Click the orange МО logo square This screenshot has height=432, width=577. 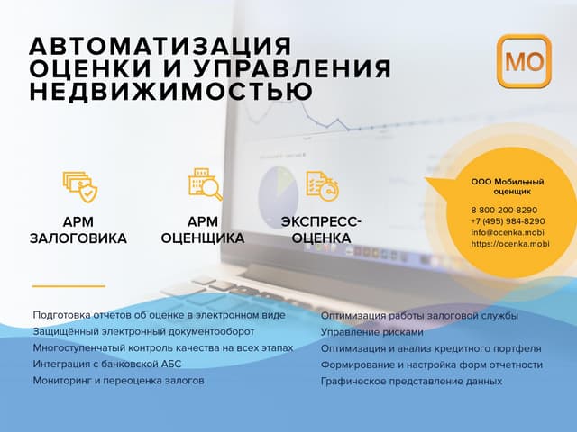523,62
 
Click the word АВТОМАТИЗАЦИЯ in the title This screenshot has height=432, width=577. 160,47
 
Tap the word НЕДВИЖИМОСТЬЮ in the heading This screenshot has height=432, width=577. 171,92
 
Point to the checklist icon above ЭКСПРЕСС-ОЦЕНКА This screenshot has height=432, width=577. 321,185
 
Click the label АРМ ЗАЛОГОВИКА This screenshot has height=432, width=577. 78,230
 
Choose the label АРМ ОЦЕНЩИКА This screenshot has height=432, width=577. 203,229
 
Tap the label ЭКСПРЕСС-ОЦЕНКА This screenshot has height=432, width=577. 321,229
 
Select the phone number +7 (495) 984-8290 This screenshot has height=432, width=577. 508,221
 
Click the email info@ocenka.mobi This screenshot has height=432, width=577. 507,232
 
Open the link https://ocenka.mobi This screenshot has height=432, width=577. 509,244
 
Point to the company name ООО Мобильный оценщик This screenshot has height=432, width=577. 508,186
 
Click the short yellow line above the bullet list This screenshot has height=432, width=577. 69,285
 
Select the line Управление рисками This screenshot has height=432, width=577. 366,332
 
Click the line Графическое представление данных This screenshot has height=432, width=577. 411,381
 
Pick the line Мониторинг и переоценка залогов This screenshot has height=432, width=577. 118,381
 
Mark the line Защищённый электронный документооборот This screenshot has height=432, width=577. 136,332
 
